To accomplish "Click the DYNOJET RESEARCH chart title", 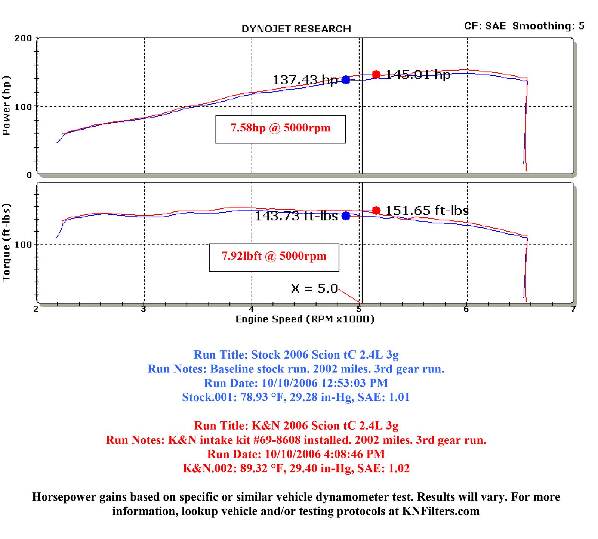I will (296, 29).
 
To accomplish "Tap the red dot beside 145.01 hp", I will (376, 75).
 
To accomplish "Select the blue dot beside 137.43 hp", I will (346, 80).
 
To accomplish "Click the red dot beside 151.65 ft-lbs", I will (376, 211).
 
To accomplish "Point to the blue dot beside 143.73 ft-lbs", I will (346, 216).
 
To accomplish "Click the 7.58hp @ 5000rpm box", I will (280, 129).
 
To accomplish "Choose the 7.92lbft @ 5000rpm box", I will (274, 257).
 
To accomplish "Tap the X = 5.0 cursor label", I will (314, 289).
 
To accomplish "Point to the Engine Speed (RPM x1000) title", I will (305, 319).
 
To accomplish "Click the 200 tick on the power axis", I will (23, 38).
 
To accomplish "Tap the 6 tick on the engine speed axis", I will (466, 309).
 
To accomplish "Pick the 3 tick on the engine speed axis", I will (143, 309).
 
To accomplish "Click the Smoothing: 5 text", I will (548, 26).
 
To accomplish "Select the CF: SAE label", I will (484, 26).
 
